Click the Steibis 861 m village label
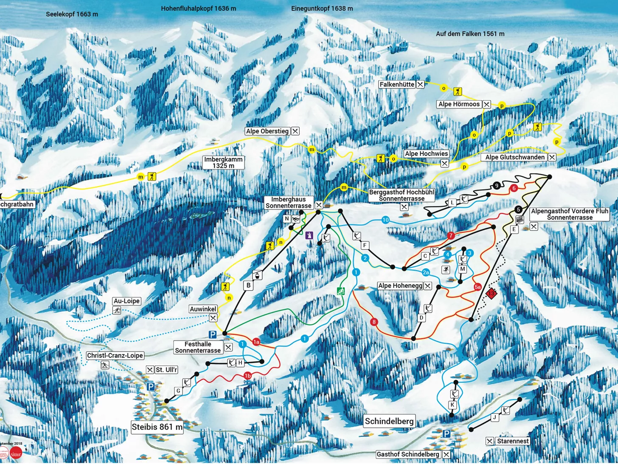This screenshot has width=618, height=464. pyautogui.click(x=157, y=427)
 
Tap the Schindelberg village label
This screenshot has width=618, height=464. pyautogui.click(x=389, y=421)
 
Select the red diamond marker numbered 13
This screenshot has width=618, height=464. pyautogui.click(x=491, y=293)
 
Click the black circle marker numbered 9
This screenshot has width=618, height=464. pyautogui.click(x=497, y=185)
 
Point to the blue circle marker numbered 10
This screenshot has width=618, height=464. pyautogui.click(x=385, y=220)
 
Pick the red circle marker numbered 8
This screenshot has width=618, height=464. pyautogui.click(x=374, y=322)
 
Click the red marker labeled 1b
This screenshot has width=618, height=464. pyautogui.click(x=247, y=376)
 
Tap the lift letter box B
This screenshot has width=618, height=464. pyautogui.click(x=248, y=286)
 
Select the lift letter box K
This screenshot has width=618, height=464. pyautogui.click(x=453, y=405)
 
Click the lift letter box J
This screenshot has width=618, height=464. pyautogui.click(x=494, y=418)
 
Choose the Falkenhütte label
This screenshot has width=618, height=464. pyautogui.click(x=397, y=85)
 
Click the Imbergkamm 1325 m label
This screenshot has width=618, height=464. pyautogui.click(x=223, y=163)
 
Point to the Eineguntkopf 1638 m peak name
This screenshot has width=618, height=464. pyautogui.click(x=322, y=8)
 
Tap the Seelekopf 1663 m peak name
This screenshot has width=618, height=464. pyautogui.click(x=72, y=14)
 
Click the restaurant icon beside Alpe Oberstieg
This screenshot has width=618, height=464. pyautogui.click(x=295, y=131)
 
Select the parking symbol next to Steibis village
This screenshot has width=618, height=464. pyautogui.click(x=151, y=387)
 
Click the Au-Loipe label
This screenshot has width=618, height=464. pyautogui.click(x=126, y=301)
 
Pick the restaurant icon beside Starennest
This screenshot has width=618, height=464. pyautogui.click(x=490, y=441)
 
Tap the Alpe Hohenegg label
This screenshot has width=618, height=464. pyautogui.click(x=400, y=286)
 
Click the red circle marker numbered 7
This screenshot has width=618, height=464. pyautogui.click(x=451, y=235)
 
